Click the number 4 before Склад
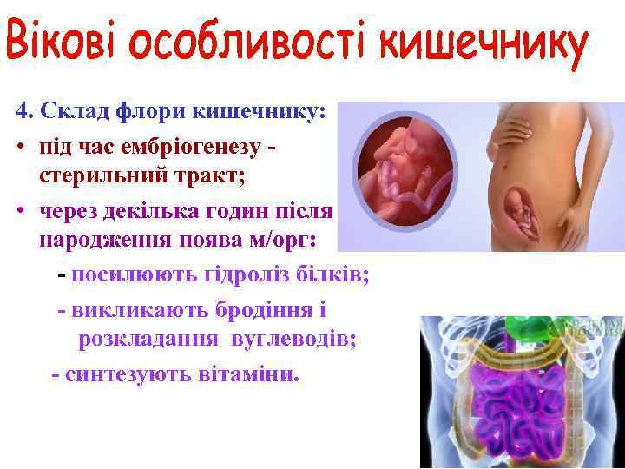[x=22, y=112]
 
